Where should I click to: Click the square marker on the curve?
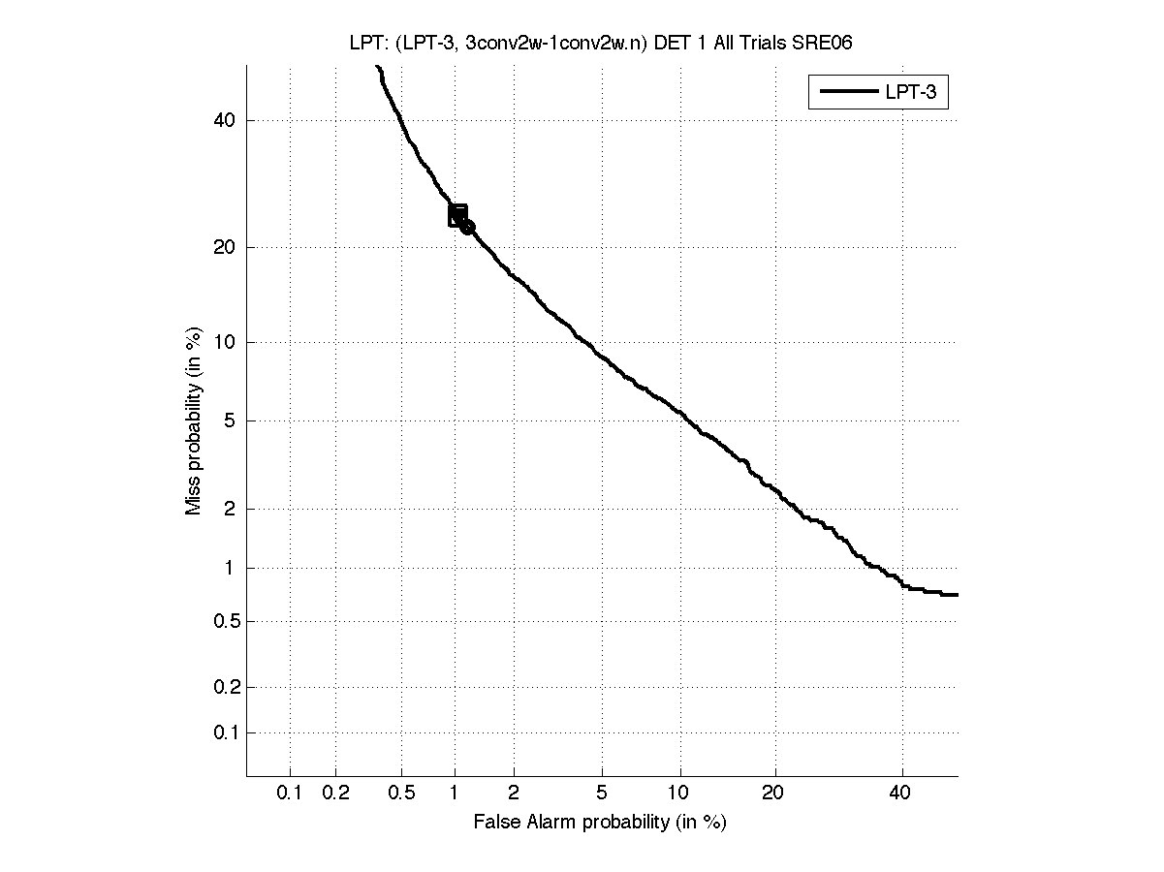[x=457, y=215]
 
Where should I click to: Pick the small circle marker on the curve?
[x=467, y=227]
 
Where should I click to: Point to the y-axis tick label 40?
[x=225, y=120]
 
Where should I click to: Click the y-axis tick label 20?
[x=225, y=247]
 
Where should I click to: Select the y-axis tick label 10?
[x=225, y=342]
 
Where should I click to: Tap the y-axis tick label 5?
[x=230, y=420]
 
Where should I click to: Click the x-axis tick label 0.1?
[x=290, y=794]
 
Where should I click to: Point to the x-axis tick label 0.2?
[x=335, y=794]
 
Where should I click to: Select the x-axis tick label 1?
[x=455, y=794]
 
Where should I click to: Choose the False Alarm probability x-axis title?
[x=600, y=823]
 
